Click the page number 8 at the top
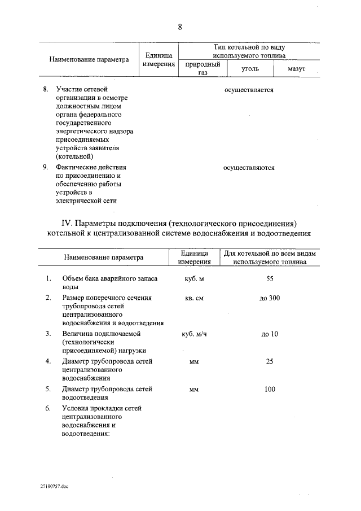(x=179, y=27)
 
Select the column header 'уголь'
(x=250, y=68)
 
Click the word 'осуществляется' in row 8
(x=249, y=90)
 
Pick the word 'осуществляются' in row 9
(x=249, y=168)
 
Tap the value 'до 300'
(x=269, y=298)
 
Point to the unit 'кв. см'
(x=194, y=298)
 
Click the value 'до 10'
(x=269, y=334)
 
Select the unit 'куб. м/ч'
(x=194, y=334)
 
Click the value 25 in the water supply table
(x=269, y=361)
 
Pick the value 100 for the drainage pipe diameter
(x=269, y=389)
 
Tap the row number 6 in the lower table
(x=49, y=408)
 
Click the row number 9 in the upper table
(x=46, y=168)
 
